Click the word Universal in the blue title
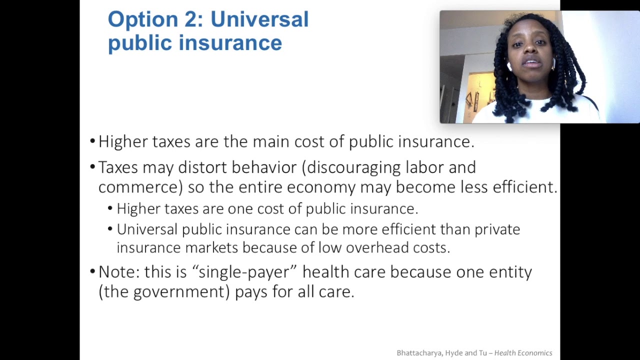[x=259, y=19]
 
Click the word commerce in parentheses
[x=139, y=187]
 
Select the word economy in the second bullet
[x=321, y=187]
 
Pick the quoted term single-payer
[x=245, y=272]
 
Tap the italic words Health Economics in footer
[x=523, y=353]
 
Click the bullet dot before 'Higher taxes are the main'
[x=92, y=141]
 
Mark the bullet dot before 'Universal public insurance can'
[x=110, y=229]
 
